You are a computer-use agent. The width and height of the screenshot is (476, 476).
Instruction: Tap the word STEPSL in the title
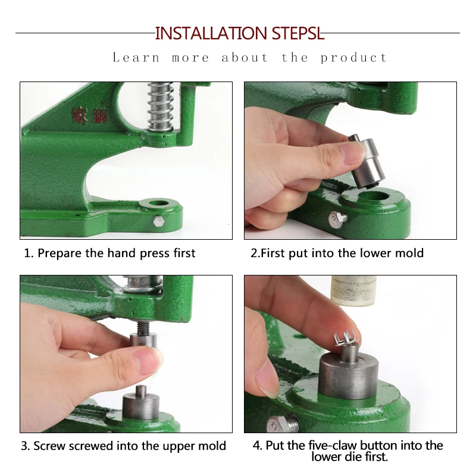point(298,33)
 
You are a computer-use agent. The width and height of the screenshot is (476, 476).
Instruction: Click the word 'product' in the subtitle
point(353,58)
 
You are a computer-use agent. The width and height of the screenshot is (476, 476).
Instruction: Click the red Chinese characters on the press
point(89,115)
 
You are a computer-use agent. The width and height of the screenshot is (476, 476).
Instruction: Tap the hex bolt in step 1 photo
point(158,221)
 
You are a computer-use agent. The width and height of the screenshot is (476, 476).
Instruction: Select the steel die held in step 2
point(367,162)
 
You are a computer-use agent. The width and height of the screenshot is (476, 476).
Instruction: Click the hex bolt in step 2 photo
point(338,218)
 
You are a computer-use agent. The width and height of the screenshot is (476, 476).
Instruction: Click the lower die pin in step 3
point(141,391)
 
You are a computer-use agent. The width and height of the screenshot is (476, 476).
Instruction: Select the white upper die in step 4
point(353,291)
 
